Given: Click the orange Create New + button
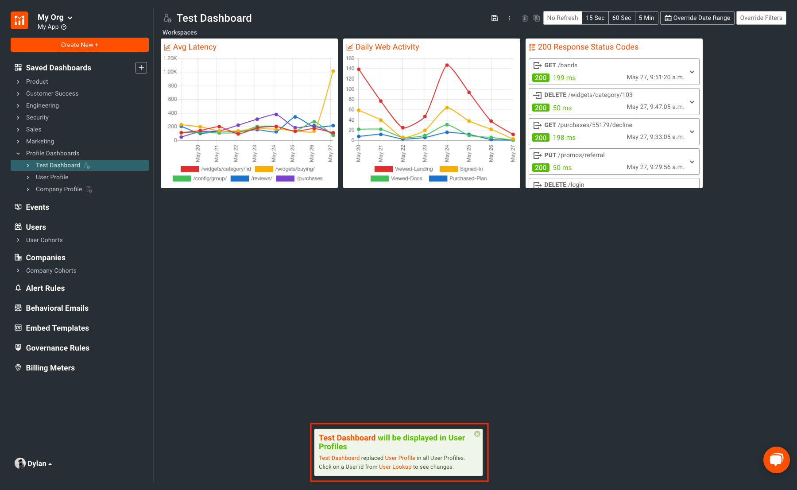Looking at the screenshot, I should coord(80,45).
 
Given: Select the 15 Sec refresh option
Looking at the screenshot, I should coord(595,18).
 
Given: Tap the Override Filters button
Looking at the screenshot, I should coord(761,18).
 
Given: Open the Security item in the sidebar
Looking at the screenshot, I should coord(37,117).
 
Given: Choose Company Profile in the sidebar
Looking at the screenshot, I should coord(59,189).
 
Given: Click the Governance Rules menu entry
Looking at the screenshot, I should coord(58,348).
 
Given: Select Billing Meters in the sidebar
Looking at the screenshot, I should coord(50,368).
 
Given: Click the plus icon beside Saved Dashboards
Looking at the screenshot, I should coord(141,68).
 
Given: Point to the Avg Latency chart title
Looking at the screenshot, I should coord(194,47).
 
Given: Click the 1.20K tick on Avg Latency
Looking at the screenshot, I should coord(170,58).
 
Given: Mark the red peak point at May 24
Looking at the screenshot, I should coord(447,65).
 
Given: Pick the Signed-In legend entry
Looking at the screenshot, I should coord(471,169).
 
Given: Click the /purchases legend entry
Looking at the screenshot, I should coord(309,178).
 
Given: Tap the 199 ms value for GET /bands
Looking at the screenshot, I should coord(564,78).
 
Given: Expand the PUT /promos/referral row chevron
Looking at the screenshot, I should coord(692,162).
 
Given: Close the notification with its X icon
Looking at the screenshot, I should coord(477,434).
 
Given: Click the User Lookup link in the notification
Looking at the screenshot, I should coord(395,467).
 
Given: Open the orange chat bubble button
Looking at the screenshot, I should coord(776,460).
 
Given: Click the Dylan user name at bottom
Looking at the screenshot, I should coord(37,463).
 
